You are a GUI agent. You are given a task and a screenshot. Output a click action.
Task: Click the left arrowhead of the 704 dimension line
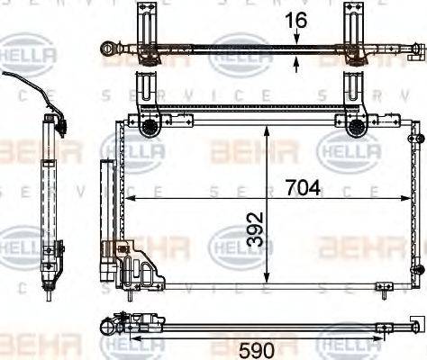coord(129,198)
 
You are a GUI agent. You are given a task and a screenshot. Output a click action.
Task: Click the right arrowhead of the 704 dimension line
coord(406,198)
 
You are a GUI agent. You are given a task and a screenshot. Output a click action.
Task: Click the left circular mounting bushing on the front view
coord(148,127)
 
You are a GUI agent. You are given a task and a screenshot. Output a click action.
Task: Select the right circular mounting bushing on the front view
coord(357,127)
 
